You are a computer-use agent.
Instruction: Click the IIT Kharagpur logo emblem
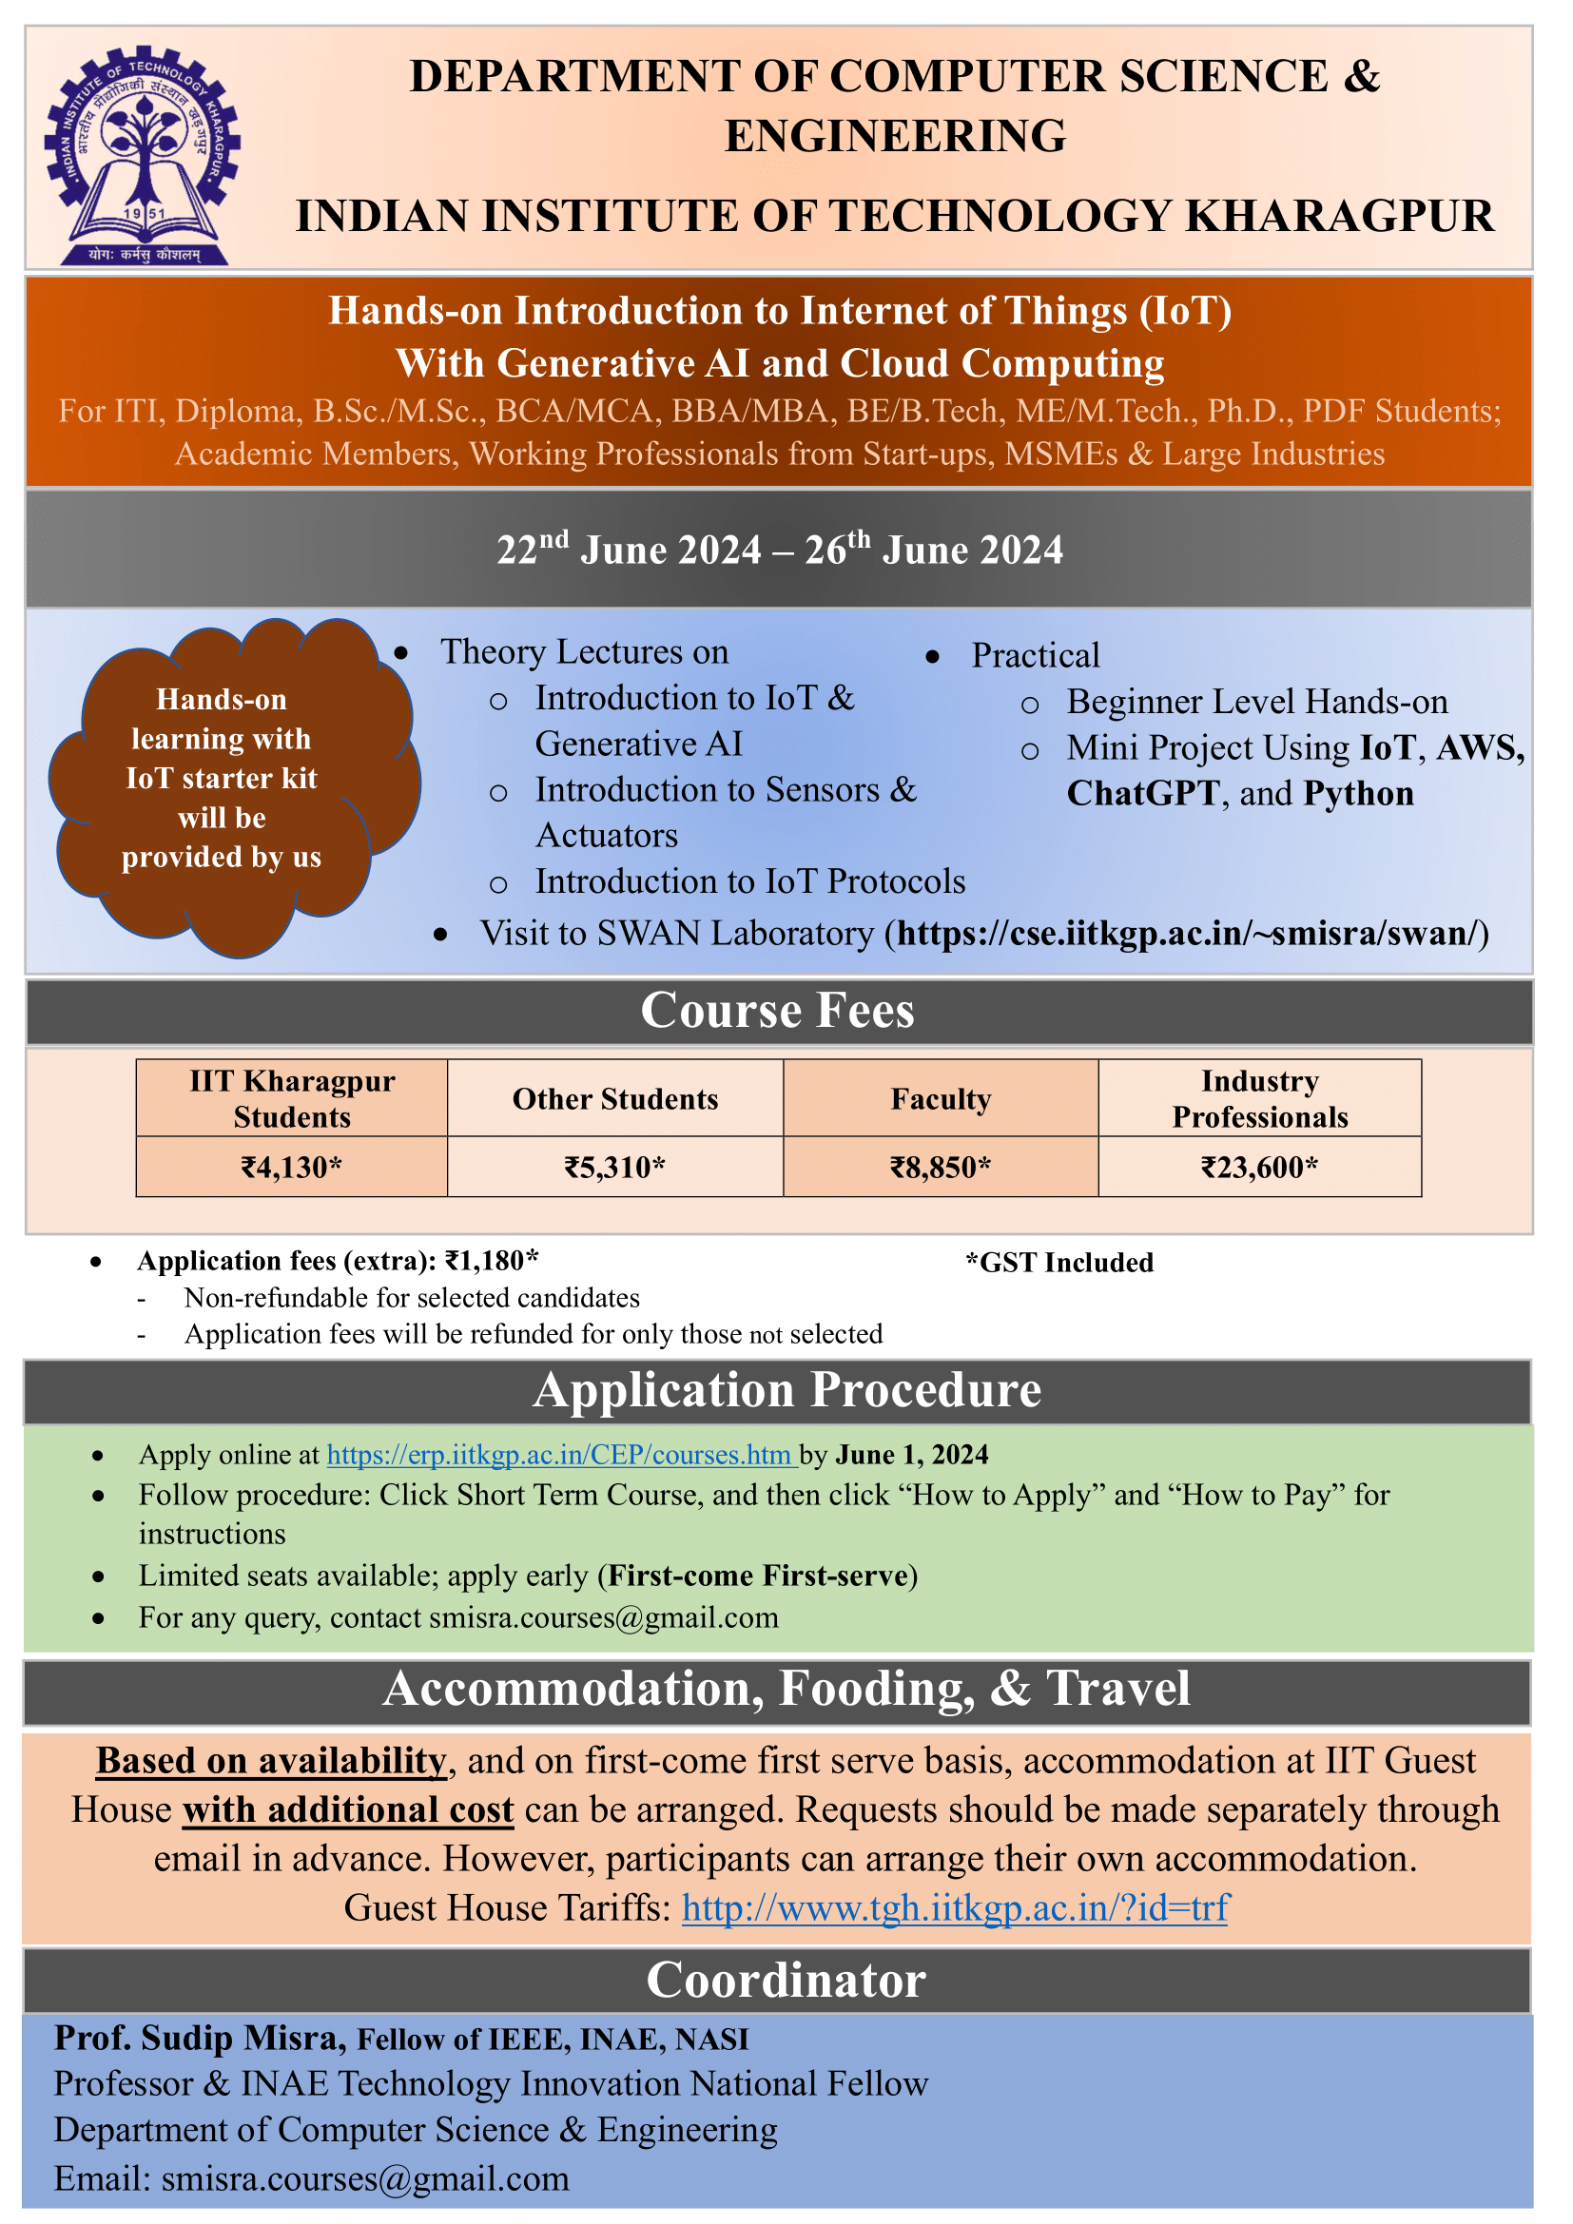click(x=142, y=155)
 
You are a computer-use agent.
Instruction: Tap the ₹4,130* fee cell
click(x=292, y=1168)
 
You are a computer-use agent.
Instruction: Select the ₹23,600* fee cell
click(x=1259, y=1168)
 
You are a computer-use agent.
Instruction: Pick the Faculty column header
click(x=941, y=1098)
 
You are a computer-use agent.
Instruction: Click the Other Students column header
click(x=615, y=1098)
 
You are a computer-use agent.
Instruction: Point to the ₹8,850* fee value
click(x=941, y=1168)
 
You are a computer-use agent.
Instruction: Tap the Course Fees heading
click(x=778, y=1011)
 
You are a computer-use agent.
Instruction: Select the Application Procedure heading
click(x=786, y=1390)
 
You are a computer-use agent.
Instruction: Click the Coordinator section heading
click(x=786, y=1979)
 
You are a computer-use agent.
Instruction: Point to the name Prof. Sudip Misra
click(x=200, y=2037)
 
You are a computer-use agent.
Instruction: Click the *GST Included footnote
click(x=1058, y=1262)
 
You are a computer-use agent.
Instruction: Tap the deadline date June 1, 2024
click(x=911, y=1454)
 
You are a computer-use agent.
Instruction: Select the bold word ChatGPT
click(x=1143, y=793)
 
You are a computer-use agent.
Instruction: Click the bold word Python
click(x=1358, y=793)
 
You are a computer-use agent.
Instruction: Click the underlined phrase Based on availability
click(x=271, y=1760)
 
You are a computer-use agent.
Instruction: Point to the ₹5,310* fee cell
click(x=615, y=1168)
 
